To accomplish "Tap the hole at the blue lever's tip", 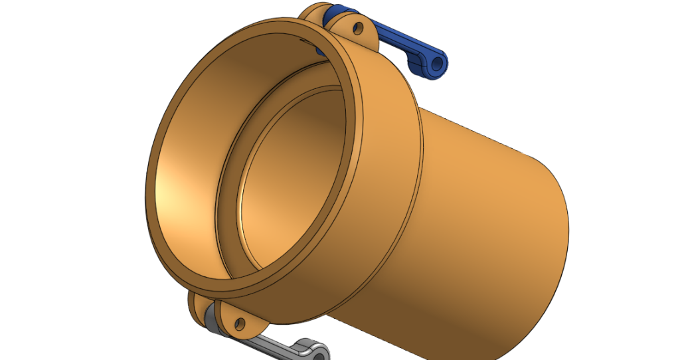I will [437, 63].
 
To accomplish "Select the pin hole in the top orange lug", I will [358, 29].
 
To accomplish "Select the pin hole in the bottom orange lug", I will [237, 323].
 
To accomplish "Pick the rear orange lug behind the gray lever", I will [196, 307].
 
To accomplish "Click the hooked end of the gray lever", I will [312, 349].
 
